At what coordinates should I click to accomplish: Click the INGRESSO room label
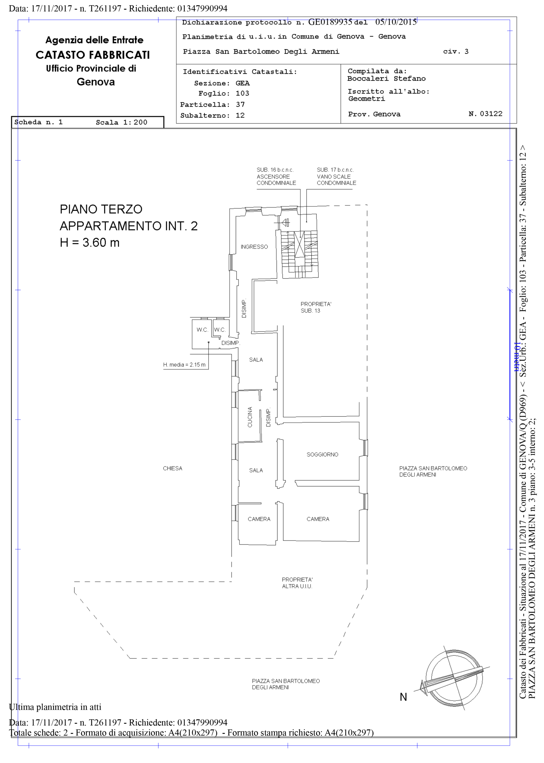coord(254,247)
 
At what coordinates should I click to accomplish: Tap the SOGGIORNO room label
coord(322,454)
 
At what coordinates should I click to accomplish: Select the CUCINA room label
coord(250,417)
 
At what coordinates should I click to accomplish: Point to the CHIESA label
coord(172,468)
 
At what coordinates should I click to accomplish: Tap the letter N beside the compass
coord(403,697)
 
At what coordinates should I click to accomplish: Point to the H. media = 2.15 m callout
coord(184,365)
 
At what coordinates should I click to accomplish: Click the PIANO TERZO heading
coord(101,209)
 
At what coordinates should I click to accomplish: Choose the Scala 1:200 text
coord(121,122)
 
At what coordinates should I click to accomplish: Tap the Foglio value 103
coord(242,93)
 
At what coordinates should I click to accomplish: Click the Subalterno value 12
coord(240,115)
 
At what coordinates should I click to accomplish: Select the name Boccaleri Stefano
coord(386,79)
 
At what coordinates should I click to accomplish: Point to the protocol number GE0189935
coord(330,22)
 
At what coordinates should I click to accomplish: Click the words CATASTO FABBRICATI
coord(93,55)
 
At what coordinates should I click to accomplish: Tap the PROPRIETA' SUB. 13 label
coord(316,307)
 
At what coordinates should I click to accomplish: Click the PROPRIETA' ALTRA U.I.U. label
coord(297,583)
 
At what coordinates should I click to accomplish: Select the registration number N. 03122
coord(485,114)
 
